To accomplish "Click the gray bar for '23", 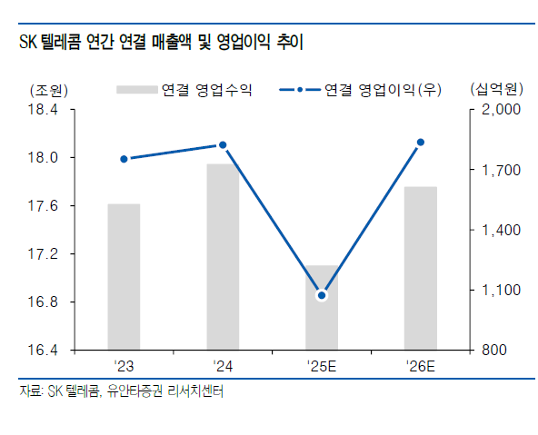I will click(x=124, y=276).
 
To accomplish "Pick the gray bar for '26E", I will click(x=420, y=268).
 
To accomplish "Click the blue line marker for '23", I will click(x=124, y=159).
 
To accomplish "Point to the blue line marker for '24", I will click(x=223, y=145).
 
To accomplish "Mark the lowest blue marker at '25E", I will click(x=321, y=295).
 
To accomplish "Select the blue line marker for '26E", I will click(x=420, y=142).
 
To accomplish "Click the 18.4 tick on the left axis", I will click(x=44, y=110).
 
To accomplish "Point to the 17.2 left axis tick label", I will click(x=44, y=253).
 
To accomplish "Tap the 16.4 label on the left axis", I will click(x=44, y=350).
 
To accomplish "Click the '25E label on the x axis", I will click(x=321, y=366).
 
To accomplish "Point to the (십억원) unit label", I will click(x=494, y=89).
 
